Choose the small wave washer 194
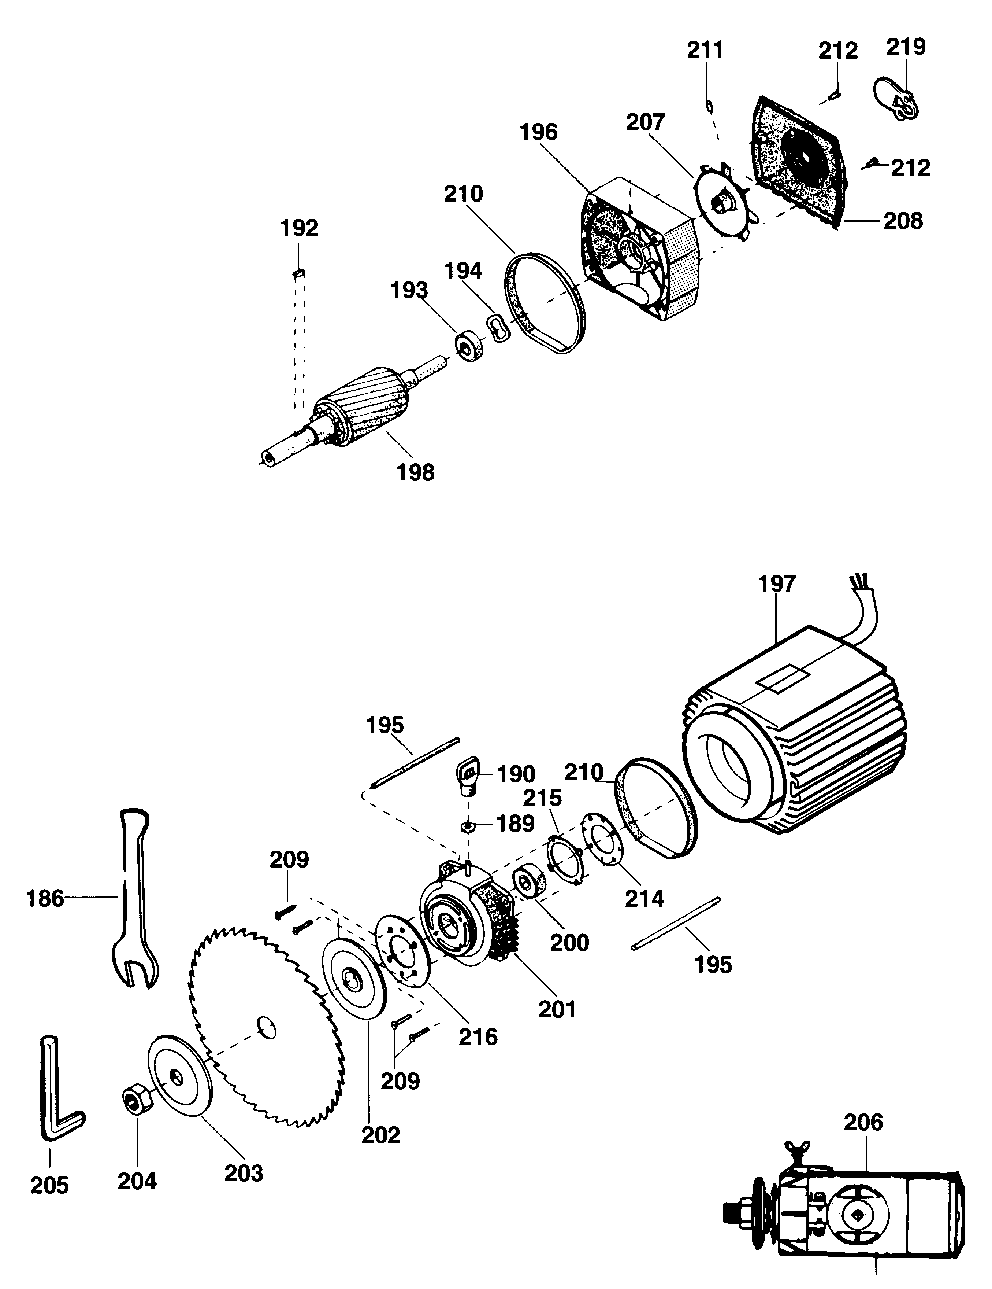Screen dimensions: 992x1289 click(497, 327)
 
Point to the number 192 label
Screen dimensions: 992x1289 click(299, 228)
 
